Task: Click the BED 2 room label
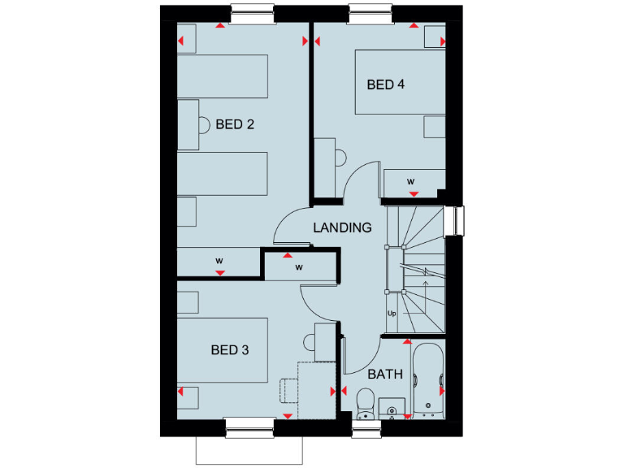pyautogui.click(x=235, y=124)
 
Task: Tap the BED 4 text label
pyautogui.click(x=385, y=84)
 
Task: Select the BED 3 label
pyautogui.click(x=229, y=350)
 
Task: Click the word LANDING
pyautogui.click(x=342, y=227)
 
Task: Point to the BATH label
pyautogui.click(x=385, y=375)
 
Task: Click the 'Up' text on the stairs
pyautogui.click(x=391, y=313)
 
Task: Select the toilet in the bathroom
pyautogui.click(x=365, y=401)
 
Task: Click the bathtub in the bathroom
pyautogui.click(x=428, y=380)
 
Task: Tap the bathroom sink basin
pyautogui.click(x=392, y=409)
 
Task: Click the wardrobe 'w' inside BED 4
pyautogui.click(x=411, y=180)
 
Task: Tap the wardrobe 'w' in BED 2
pyautogui.click(x=219, y=261)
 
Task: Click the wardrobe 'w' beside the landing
pyautogui.click(x=298, y=266)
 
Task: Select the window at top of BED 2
pyautogui.click(x=253, y=14)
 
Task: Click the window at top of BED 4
pyautogui.click(x=371, y=14)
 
